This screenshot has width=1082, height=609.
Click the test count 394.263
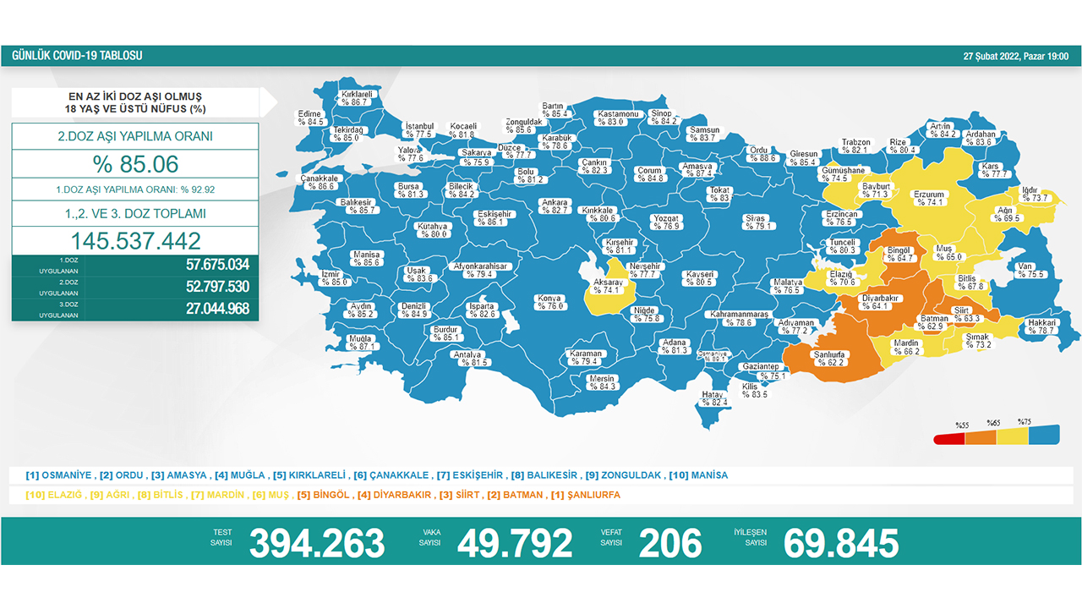pos(316,543)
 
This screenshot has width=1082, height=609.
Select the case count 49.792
pos(514,543)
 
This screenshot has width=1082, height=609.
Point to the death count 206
pos(669,543)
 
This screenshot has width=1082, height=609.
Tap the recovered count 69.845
pos(840,543)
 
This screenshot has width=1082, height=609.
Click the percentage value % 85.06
pos(135,163)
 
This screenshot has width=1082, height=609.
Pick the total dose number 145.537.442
pos(135,239)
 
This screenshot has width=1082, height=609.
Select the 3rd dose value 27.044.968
pos(217,309)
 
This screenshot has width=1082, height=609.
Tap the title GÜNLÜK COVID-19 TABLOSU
pos(77,56)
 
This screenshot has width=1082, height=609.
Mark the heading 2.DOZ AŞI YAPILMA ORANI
pos(135,136)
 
